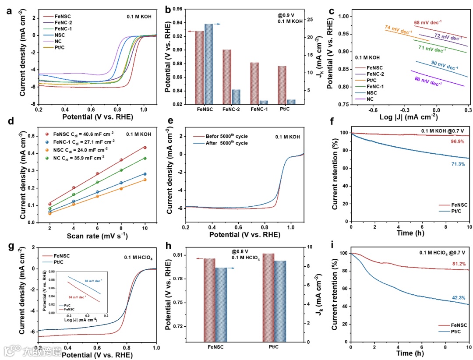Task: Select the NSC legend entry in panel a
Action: [60, 34]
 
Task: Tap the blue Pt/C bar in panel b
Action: [291, 102]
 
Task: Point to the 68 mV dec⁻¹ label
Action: [428, 22]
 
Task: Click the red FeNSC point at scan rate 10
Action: [145, 148]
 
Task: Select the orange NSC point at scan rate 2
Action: [50, 213]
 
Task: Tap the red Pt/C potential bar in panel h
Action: [268, 298]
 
